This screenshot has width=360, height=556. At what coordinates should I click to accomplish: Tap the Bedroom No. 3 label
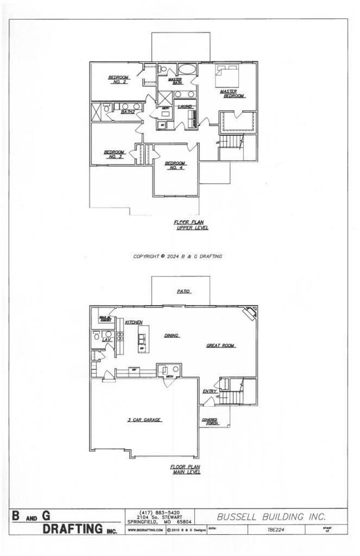coord(114,154)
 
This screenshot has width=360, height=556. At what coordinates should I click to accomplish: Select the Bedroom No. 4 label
coord(174,165)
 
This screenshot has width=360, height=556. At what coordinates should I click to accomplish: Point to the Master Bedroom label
coord(232,94)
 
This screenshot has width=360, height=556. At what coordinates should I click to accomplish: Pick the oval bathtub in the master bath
coord(187,70)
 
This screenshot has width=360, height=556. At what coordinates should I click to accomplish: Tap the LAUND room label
coord(185,106)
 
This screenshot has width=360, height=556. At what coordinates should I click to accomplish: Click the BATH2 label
coord(128,112)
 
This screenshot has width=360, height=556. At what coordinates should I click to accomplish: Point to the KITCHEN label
coord(133,322)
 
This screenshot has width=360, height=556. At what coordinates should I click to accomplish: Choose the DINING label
coord(171,336)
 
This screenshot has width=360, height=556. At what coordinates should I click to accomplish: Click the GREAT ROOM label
coord(221,346)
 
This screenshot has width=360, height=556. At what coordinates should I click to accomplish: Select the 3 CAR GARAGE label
coord(144,420)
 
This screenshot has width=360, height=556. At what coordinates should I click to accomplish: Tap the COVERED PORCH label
coord(210,422)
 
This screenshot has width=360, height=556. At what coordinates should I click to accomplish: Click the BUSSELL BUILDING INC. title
coord(271,517)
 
